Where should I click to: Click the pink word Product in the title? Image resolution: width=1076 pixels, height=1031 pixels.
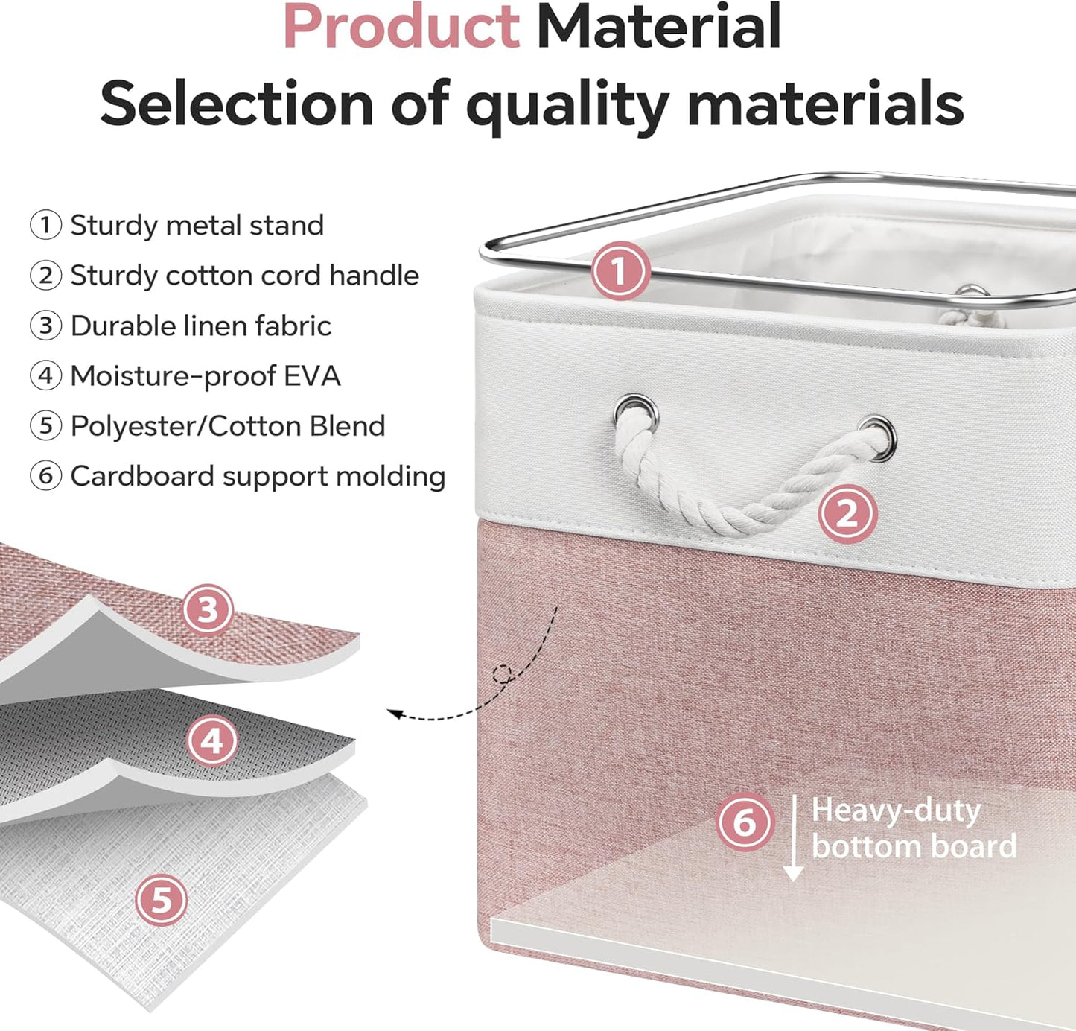click(x=401, y=27)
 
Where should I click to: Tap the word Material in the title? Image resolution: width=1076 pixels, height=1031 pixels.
click(x=658, y=27)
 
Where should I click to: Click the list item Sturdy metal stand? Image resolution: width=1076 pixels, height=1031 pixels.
click(x=197, y=226)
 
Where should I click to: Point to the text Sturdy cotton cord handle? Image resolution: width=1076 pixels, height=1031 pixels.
click(x=244, y=276)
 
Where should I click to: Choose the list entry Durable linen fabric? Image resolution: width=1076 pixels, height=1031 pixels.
click(x=201, y=326)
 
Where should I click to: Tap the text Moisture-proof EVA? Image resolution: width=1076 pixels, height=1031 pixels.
click(x=205, y=376)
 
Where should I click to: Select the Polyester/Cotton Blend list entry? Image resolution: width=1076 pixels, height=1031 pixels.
click(x=228, y=426)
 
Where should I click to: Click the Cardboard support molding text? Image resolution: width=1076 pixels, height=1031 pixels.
click(x=258, y=477)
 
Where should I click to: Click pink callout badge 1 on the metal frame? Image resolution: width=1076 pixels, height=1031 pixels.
click(x=620, y=271)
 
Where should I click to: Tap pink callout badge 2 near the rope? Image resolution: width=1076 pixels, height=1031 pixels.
click(x=847, y=514)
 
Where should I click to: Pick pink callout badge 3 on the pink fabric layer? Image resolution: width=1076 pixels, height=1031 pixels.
click(x=208, y=609)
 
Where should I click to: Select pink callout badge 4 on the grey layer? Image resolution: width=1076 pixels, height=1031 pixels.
click(x=212, y=740)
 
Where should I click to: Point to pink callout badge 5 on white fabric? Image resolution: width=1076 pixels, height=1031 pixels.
click(x=162, y=901)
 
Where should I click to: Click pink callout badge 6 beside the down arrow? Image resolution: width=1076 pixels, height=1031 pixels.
click(x=744, y=822)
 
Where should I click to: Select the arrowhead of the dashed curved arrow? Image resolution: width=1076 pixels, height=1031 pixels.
click(x=394, y=714)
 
